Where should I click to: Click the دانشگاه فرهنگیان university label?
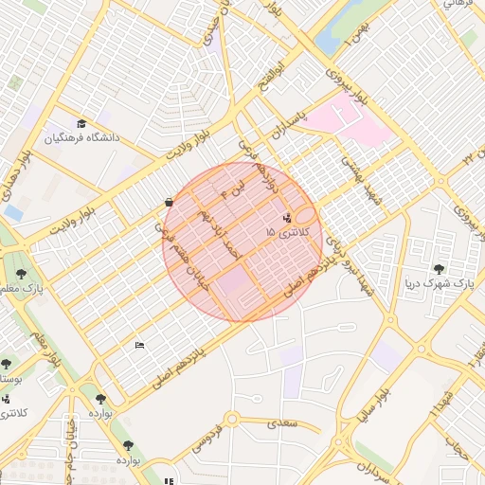coord(81,138)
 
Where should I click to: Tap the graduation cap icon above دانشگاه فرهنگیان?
coord(81,124)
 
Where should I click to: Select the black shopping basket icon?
coord(169,202)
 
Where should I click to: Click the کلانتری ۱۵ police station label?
coord(284,232)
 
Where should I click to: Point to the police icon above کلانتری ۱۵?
coord(287,218)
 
